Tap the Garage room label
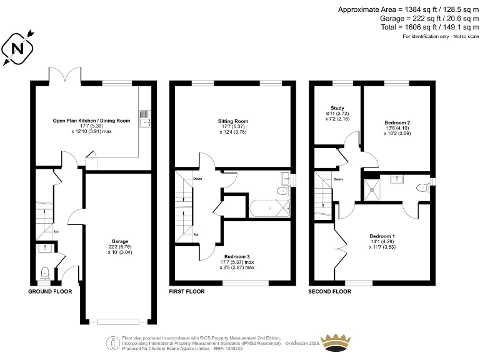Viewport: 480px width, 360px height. [x=120, y=241]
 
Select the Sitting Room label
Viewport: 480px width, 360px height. [x=233, y=121]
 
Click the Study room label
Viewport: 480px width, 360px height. [x=337, y=108]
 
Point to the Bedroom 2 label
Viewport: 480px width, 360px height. [x=397, y=122]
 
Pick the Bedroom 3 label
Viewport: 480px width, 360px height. [x=238, y=256]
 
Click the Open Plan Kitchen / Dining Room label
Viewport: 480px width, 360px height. [x=91, y=121]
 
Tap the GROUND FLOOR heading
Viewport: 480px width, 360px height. [x=50, y=292]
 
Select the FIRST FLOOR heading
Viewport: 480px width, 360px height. [x=188, y=292]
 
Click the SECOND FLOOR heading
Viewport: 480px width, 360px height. [x=330, y=292]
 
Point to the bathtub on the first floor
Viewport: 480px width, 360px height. [x=269, y=207]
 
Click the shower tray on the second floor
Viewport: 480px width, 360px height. [x=374, y=187]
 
